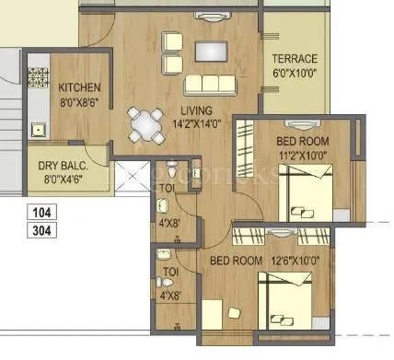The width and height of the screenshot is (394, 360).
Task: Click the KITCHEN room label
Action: coord(79,87)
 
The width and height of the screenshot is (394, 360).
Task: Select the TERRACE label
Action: coord(295,58)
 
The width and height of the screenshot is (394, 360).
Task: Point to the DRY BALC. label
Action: coord(62,167)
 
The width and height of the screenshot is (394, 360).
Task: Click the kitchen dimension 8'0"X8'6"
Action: coord(79,102)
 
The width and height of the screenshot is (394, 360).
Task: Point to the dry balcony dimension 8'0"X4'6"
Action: coord(62,180)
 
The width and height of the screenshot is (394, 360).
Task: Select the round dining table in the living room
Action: coord(142,122)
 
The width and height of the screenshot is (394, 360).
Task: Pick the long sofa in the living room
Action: coord(211,85)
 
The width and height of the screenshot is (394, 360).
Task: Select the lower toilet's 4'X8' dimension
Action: coord(168,296)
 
